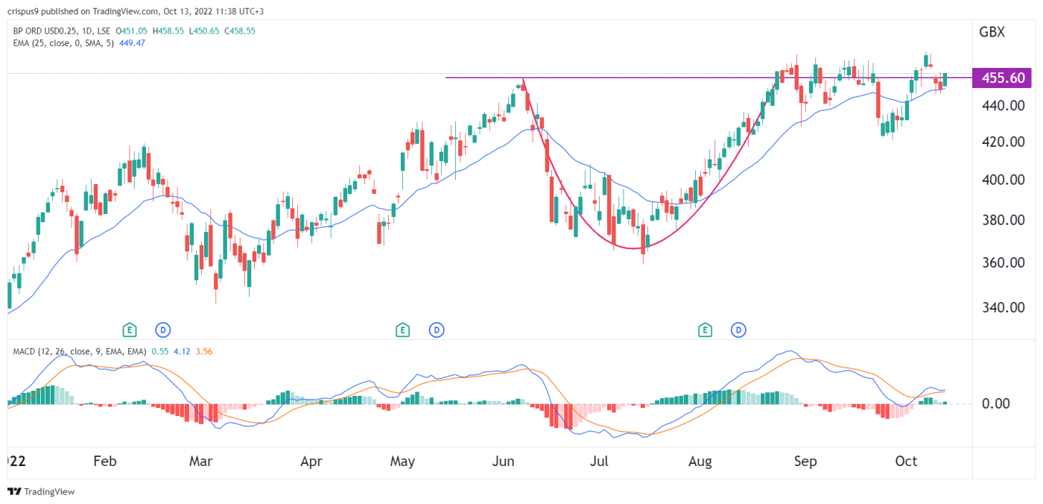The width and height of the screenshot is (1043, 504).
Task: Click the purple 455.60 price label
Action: click(x=1003, y=78)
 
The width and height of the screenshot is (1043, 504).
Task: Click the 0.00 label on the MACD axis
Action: click(x=995, y=403)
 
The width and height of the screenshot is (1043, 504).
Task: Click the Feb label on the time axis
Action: click(x=105, y=462)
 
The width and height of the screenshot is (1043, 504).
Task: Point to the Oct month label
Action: click(x=906, y=462)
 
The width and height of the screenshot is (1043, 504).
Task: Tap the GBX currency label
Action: click(x=991, y=32)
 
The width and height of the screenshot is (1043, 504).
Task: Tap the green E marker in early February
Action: click(x=130, y=329)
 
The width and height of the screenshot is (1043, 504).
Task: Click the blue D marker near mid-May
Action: click(x=437, y=329)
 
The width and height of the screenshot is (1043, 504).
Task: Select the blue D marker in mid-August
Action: click(x=738, y=329)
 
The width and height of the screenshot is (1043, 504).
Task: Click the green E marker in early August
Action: click(x=704, y=329)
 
